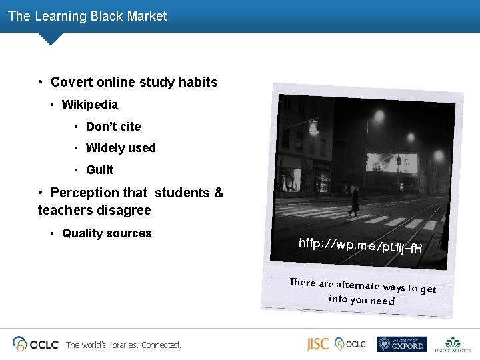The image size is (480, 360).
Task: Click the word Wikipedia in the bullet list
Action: click(89, 105)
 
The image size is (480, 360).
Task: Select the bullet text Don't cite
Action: click(113, 127)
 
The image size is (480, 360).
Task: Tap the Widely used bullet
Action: click(121, 148)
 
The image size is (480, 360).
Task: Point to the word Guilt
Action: click(100, 170)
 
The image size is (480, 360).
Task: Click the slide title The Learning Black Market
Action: click(87, 16)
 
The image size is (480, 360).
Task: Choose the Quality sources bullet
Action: click(107, 233)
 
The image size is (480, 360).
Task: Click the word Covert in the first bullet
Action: click(70, 83)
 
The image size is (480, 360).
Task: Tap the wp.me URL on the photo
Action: click(361, 246)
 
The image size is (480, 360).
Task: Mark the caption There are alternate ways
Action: click(363, 291)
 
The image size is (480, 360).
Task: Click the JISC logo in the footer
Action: click(317, 344)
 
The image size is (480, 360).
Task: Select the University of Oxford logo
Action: click(401, 344)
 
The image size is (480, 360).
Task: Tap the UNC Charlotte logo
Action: click(453, 344)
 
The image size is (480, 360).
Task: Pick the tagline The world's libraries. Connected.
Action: click(123, 345)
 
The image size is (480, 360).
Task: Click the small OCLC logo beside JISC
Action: click(351, 344)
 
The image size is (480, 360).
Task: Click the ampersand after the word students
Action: click(219, 193)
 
